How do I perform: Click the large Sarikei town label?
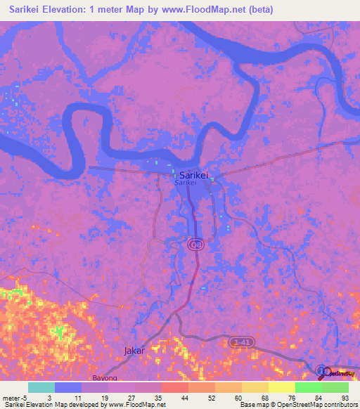193,175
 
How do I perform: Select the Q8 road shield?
196,243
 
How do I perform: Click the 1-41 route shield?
242,342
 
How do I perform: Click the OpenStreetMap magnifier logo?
322,370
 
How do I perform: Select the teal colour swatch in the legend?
41,387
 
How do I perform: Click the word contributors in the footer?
338,405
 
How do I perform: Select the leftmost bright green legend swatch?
308,387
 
